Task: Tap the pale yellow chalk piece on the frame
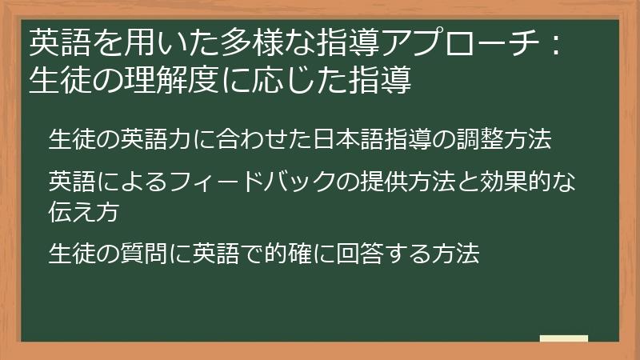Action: [x=564, y=338]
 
